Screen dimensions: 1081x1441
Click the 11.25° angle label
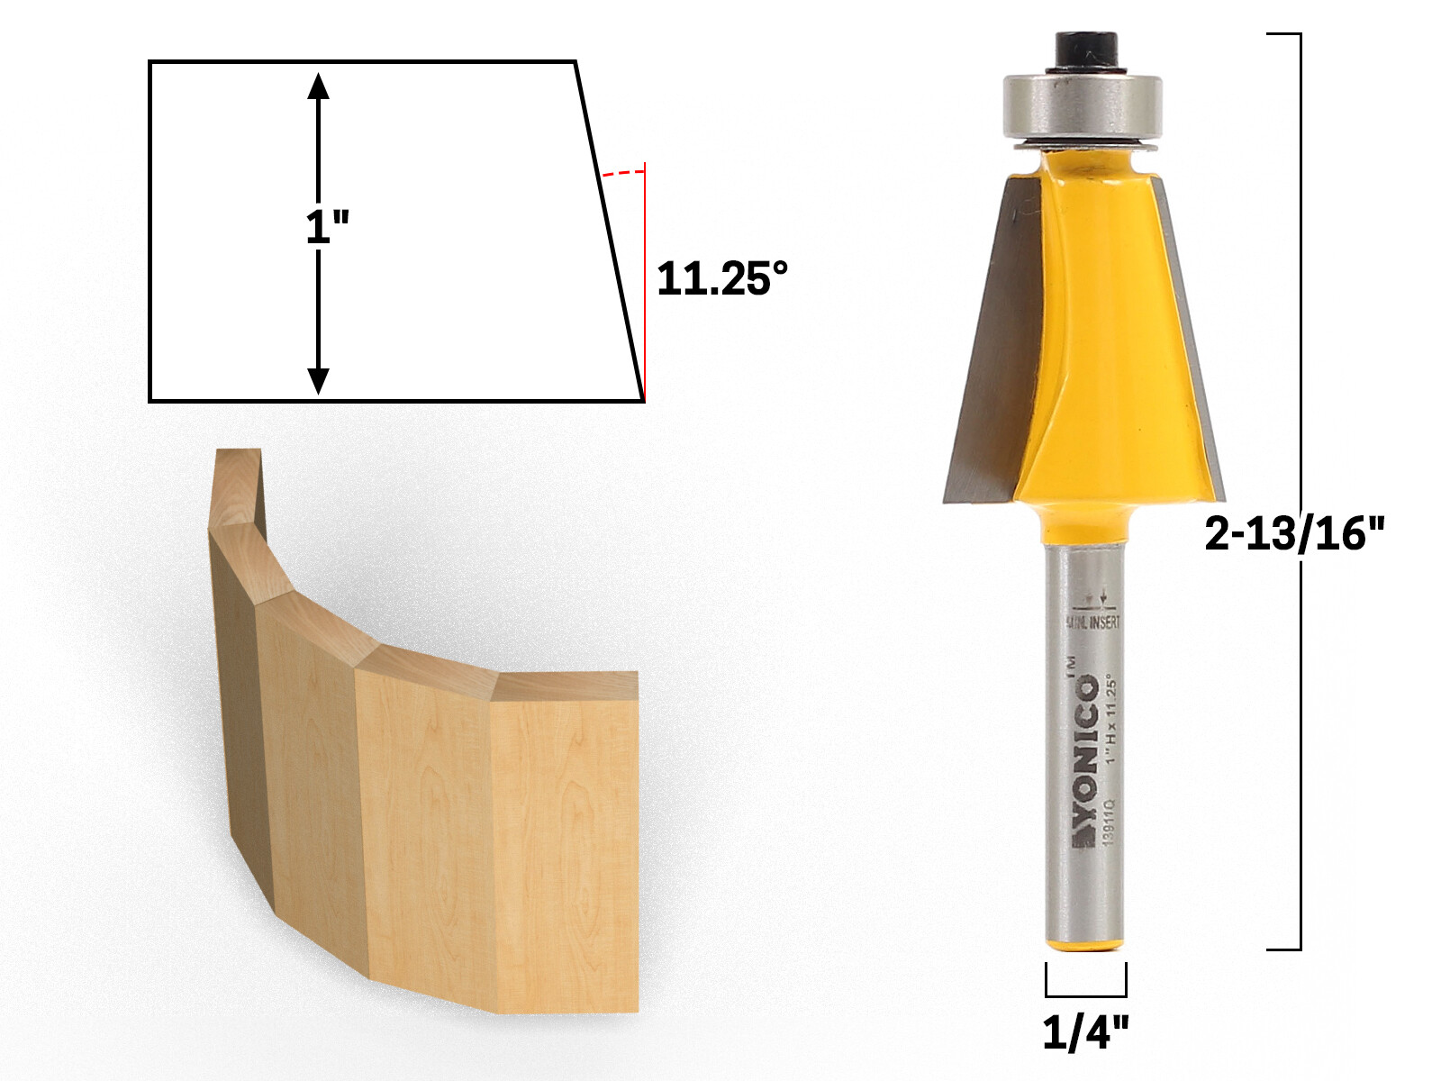coord(721,279)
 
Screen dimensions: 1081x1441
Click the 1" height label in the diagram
coord(326,226)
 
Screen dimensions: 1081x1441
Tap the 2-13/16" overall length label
coord(1293,534)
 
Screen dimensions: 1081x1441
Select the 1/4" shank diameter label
coord(1085,1032)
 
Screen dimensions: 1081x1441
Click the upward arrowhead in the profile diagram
coord(318,86)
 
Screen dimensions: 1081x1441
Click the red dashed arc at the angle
coord(623,172)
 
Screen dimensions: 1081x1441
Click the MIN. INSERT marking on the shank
coord(1093,622)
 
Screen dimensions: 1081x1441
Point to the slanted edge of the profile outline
coord(610,230)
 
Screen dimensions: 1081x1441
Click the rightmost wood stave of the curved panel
coord(566,847)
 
